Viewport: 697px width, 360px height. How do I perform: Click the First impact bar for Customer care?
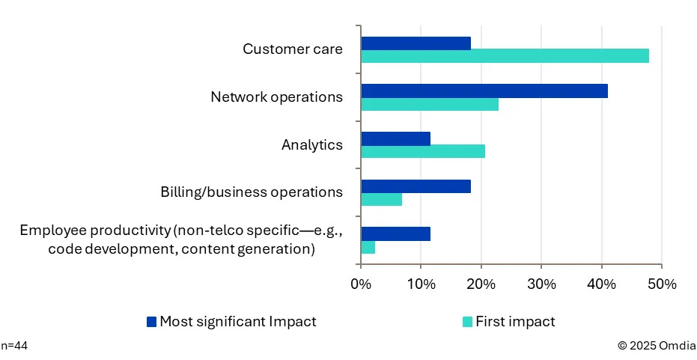tap(505, 56)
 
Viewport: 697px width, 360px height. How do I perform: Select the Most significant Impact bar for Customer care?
tap(416, 43)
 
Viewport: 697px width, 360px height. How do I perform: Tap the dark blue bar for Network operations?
tap(484, 91)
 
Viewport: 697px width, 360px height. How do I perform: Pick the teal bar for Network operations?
tap(430, 104)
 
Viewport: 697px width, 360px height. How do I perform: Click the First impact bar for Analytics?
tap(423, 151)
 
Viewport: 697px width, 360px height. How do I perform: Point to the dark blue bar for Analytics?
tap(395, 138)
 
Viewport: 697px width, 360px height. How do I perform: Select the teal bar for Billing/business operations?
tap(381, 199)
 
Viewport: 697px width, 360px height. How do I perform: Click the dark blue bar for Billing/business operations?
tap(416, 186)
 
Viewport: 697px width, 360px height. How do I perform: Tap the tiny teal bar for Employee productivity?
tap(368, 247)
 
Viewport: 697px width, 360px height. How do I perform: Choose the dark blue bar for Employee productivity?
tap(395, 234)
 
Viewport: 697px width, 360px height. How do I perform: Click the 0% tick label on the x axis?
tap(361, 284)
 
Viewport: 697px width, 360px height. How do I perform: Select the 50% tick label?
tap(662, 284)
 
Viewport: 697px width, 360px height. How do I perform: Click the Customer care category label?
tap(292, 49)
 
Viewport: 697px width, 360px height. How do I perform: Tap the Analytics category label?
tap(311, 144)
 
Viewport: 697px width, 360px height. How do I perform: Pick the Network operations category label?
tap(276, 97)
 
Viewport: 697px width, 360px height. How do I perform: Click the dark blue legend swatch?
tap(152, 322)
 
